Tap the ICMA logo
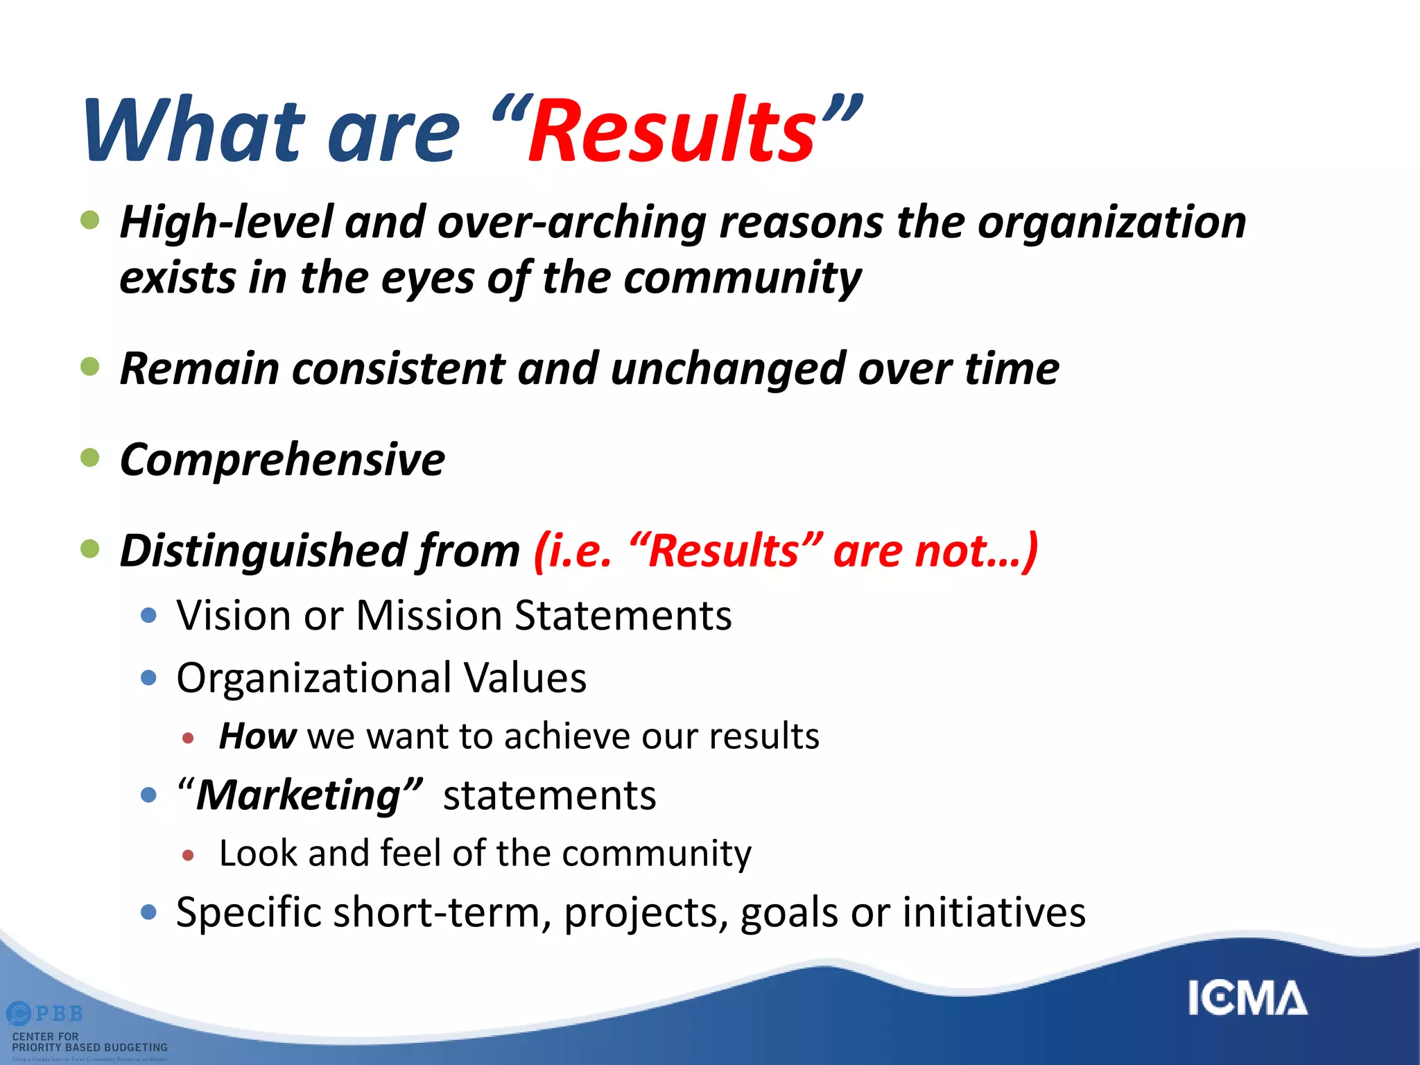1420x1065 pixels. (1247, 998)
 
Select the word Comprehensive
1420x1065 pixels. (282, 460)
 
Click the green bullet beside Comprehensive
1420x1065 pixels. (90, 458)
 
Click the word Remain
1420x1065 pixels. (200, 368)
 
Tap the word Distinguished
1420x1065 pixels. (263, 551)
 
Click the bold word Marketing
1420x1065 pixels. (299, 795)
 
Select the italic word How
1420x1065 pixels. (257, 736)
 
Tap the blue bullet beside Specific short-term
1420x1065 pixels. (148, 912)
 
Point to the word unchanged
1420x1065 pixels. (728, 368)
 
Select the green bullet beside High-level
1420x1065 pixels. (90, 220)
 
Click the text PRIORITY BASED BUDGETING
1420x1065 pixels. (90, 1047)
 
